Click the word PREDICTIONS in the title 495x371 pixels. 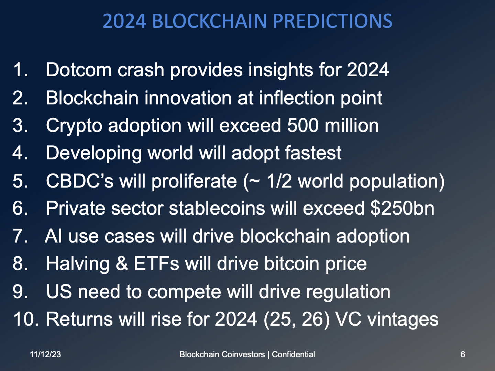pyautogui.click(x=332, y=21)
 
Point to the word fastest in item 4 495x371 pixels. pyautogui.click(x=313, y=153)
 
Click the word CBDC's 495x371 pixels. pyautogui.click(x=79, y=181)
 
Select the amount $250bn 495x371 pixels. pyautogui.click(x=402, y=209)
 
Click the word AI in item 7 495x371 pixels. pyautogui.click(x=53, y=236)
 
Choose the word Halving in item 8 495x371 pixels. pyautogui.click(x=78, y=264)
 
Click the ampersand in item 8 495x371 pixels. pyautogui.click(x=122, y=264)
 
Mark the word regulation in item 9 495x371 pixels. pyautogui.click(x=348, y=292)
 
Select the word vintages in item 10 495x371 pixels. pyautogui.click(x=403, y=319)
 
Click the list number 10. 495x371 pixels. pyautogui.click(x=26, y=319)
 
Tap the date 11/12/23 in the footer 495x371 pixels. pyautogui.click(x=45, y=355)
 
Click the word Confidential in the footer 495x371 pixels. pyautogui.click(x=293, y=355)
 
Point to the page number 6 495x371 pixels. pyautogui.click(x=463, y=355)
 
